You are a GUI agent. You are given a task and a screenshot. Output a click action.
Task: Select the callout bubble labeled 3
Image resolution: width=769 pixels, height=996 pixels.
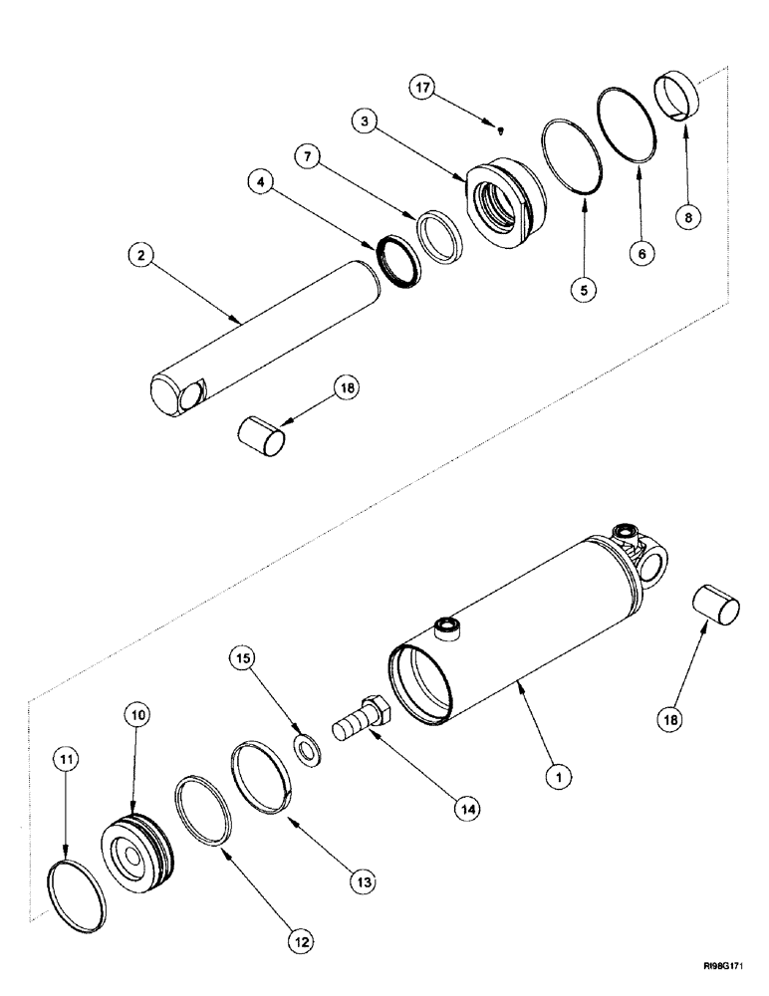tap(364, 122)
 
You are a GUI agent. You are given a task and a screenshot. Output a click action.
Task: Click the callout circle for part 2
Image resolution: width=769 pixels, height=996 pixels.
tap(142, 256)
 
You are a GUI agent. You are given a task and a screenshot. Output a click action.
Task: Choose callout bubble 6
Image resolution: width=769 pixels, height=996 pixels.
tap(641, 255)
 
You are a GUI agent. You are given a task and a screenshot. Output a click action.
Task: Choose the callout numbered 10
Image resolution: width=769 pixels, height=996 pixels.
tap(136, 714)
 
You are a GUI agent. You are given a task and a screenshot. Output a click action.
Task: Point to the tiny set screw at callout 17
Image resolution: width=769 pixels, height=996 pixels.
tap(501, 127)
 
